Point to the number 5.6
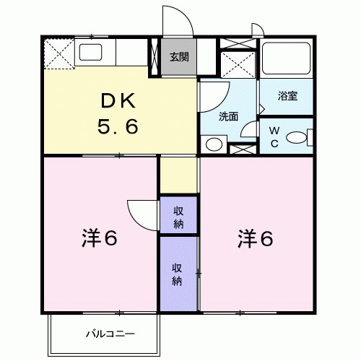click(x=118, y=128)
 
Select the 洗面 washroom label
click(x=229, y=116)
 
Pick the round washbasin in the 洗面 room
click(x=214, y=144)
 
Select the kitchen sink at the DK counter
click(x=92, y=53)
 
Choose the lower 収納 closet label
click(x=177, y=272)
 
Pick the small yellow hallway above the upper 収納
click(x=178, y=175)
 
